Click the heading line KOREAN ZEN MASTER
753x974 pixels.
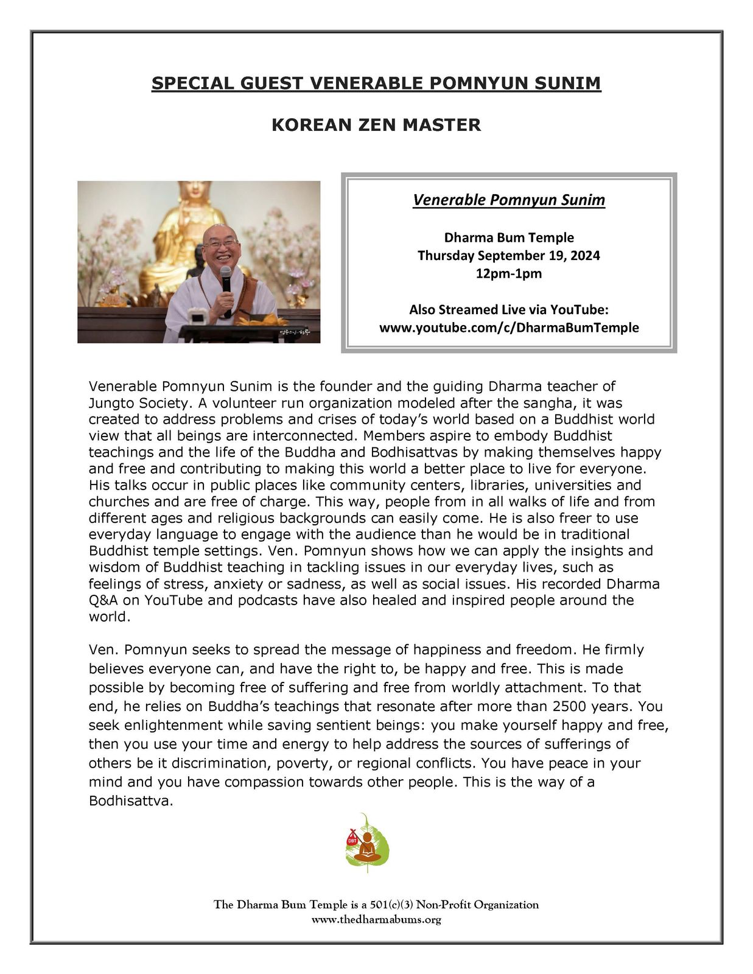pyautogui.click(x=376, y=125)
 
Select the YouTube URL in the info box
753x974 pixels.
pyautogui.click(x=509, y=328)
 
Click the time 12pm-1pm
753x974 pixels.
pyautogui.click(x=509, y=273)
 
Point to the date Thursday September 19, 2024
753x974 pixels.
pyautogui.click(x=509, y=256)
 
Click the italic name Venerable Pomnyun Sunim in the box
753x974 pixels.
pyautogui.click(x=509, y=200)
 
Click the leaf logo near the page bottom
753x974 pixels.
pyautogui.click(x=367, y=843)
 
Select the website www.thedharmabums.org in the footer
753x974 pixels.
pyautogui.click(x=376, y=920)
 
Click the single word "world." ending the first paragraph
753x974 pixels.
pyautogui.click(x=110, y=617)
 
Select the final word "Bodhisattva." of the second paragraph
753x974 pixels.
pyautogui.click(x=131, y=801)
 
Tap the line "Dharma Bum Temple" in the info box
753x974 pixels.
pyautogui.click(x=509, y=237)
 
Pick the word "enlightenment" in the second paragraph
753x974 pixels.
pyautogui.click(x=187, y=725)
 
